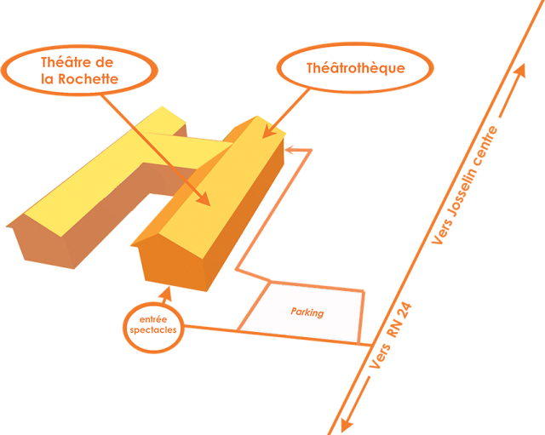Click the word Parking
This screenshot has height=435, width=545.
pos(307,312)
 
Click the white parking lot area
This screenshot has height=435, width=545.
pos(302,313)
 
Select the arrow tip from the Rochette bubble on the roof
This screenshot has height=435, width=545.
pos(205,201)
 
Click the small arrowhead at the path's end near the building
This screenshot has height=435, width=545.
pos(289,151)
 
